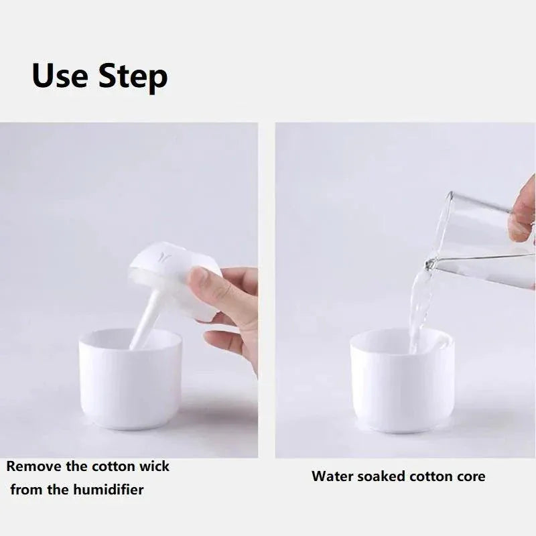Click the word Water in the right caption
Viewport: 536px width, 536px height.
[x=331, y=477]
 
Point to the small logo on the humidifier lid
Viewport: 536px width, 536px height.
[x=163, y=255]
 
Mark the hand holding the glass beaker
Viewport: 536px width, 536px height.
[x=523, y=214]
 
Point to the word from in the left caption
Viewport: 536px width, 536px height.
[x=25, y=490]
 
